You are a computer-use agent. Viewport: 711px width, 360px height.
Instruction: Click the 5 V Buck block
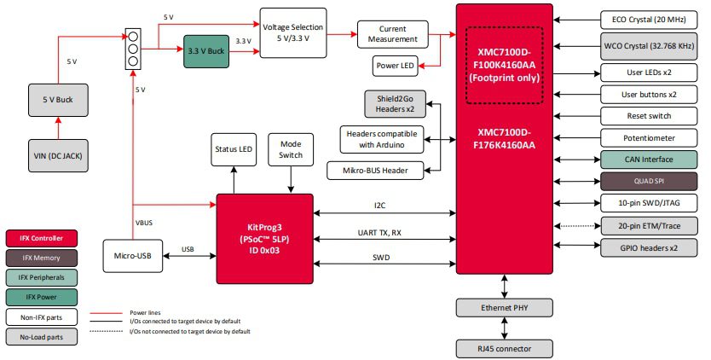click(58, 101)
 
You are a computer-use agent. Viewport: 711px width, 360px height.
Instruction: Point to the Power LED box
click(396, 66)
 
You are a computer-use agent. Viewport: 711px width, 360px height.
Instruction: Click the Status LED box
click(234, 149)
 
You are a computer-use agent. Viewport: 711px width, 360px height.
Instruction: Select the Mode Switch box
click(291, 149)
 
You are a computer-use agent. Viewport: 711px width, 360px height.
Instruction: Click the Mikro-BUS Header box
click(376, 171)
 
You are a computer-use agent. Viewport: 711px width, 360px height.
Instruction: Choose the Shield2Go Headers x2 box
click(395, 104)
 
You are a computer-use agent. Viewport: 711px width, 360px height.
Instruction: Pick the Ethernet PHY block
click(506, 307)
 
